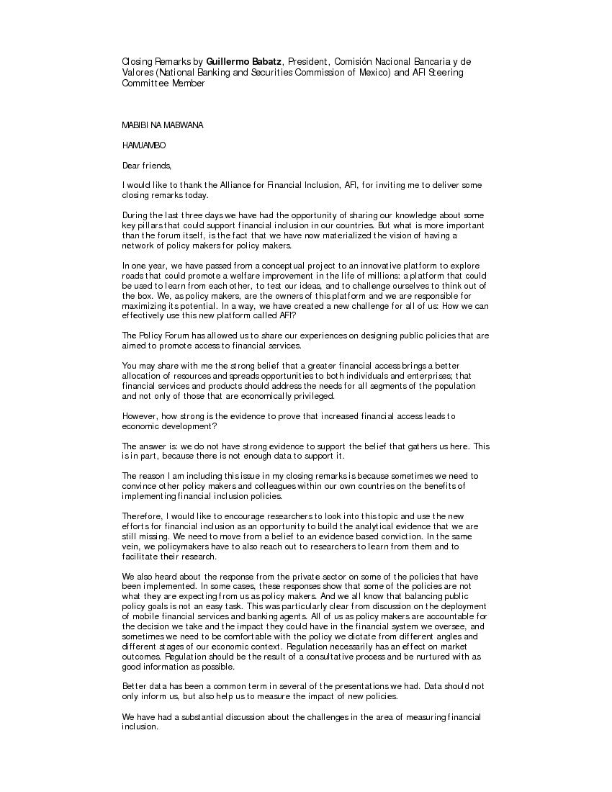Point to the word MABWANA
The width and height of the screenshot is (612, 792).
184,125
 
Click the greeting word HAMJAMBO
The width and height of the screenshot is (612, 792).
144,145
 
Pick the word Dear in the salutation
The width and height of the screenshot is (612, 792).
131,166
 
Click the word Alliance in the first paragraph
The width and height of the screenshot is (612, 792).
219,186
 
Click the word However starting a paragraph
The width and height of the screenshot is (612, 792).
139,416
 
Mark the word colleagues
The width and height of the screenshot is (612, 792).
239,486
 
